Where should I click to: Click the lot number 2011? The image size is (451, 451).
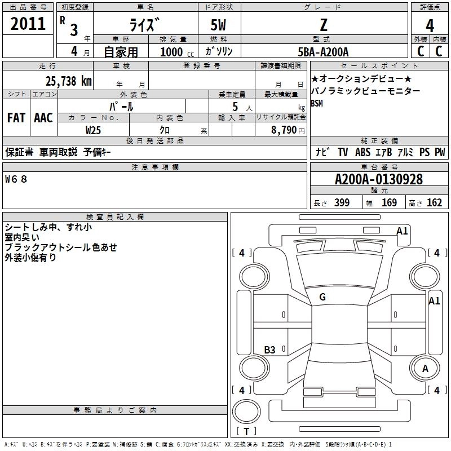click(28, 24)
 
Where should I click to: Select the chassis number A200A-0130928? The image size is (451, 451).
click(379, 180)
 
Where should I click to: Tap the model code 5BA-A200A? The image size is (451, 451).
click(323, 51)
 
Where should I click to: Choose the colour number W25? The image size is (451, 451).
click(93, 130)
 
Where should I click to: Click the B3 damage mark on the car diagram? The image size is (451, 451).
click(270, 350)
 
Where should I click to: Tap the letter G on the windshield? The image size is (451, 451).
click(322, 297)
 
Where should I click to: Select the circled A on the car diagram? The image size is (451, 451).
click(425, 368)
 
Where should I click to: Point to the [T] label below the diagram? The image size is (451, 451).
click(246, 432)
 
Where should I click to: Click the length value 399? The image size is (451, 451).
click(342, 203)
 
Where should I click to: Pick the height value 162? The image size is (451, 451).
click(434, 203)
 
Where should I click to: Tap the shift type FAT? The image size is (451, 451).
click(16, 118)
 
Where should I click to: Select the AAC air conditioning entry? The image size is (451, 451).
click(43, 118)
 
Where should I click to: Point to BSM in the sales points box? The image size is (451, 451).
click(317, 103)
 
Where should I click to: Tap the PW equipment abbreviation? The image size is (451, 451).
click(440, 152)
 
